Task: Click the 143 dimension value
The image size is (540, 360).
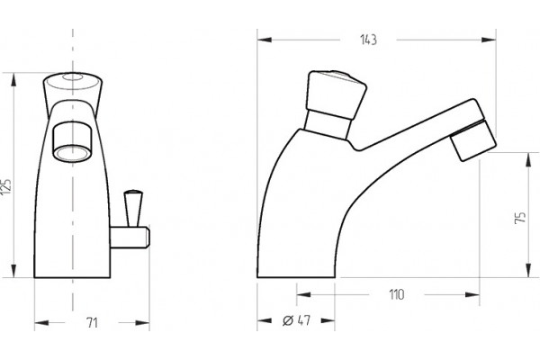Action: click(368, 40)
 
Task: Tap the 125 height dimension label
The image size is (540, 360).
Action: click(6, 186)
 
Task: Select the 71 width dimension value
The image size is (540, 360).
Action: click(92, 323)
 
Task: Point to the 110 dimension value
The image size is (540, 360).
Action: click(397, 295)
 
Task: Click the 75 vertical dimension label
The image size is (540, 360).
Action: click(520, 218)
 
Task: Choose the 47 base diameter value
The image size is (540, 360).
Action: click(304, 320)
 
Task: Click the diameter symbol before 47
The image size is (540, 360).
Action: click(288, 320)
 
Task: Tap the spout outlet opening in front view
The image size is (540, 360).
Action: click(72, 152)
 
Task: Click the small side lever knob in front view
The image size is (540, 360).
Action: click(133, 208)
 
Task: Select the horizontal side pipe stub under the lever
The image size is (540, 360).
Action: click(130, 238)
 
